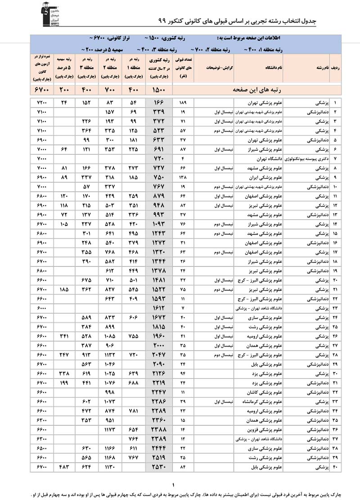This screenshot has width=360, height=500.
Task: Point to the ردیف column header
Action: click(x=335, y=68)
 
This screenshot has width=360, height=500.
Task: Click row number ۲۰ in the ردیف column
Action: click(x=335, y=280)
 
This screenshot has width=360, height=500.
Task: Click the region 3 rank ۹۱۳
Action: click(x=87, y=355)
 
